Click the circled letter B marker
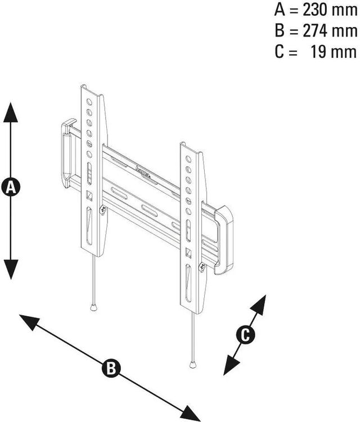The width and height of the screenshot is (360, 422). click(111, 369)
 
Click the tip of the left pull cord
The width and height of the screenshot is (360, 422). click(93, 307)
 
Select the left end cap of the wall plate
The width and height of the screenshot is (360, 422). click(66, 152)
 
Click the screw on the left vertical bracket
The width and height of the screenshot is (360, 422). click(102, 210)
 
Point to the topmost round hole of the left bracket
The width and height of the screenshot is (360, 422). click(89, 103)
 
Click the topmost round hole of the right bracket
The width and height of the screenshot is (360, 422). click(189, 159)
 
